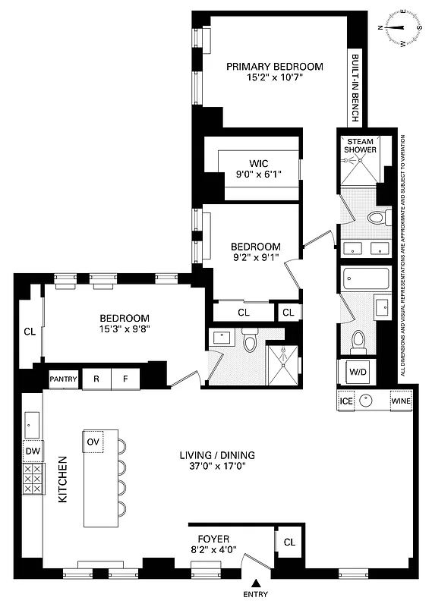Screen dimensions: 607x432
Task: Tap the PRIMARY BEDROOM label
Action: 275,67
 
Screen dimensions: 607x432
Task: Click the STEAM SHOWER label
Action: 361,146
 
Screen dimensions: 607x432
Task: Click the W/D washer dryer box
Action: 357,372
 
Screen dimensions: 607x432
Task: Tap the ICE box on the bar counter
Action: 346,401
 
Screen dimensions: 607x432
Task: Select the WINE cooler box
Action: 400,401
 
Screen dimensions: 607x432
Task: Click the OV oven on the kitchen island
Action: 93,442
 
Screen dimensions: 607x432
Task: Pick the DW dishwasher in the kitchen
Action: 32,451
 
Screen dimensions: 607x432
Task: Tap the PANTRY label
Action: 64,379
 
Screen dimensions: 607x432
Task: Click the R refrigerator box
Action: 96,379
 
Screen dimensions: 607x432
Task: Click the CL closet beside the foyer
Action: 289,543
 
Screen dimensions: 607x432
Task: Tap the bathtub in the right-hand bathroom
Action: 366,279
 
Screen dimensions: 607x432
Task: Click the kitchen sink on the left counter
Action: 32,420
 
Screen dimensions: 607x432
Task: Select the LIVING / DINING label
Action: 217,455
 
